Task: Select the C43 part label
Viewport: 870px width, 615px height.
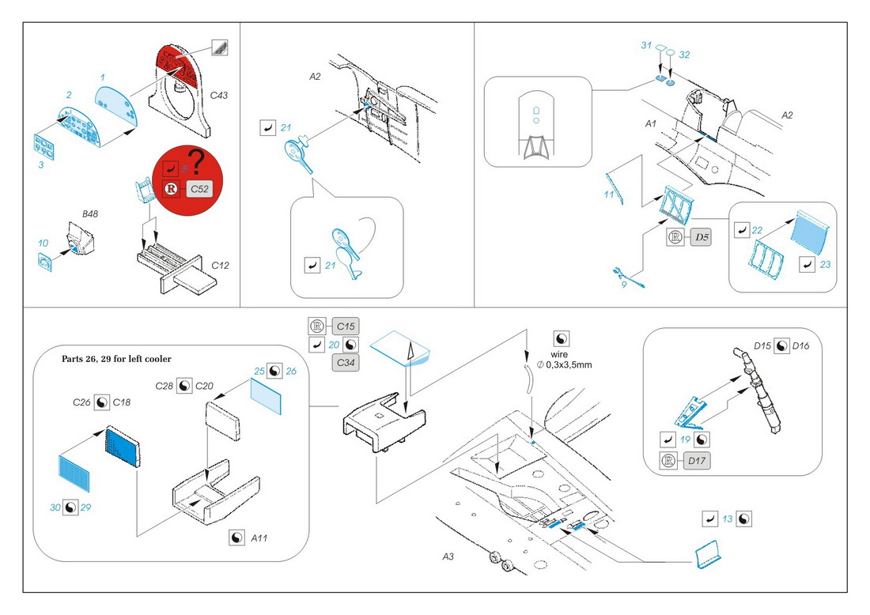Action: [x=218, y=96]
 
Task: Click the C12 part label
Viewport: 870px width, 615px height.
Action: [x=221, y=265]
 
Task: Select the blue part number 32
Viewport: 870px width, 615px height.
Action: [x=684, y=55]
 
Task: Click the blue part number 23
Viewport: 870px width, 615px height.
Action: [x=825, y=263]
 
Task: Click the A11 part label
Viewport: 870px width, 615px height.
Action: [x=259, y=538]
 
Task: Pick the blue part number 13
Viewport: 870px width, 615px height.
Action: [x=728, y=519]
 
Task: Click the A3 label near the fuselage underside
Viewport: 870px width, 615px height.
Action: [x=448, y=557]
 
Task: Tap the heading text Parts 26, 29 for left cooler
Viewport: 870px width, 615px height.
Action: [x=116, y=359]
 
